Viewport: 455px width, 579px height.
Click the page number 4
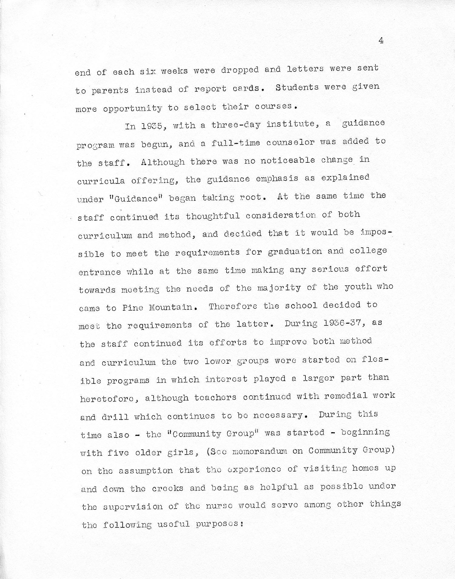[381, 41]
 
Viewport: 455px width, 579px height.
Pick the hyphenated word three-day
[236, 124]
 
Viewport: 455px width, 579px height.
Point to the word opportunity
[132, 108]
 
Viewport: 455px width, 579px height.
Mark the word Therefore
[232, 306]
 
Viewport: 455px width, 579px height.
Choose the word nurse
[219, 506]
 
